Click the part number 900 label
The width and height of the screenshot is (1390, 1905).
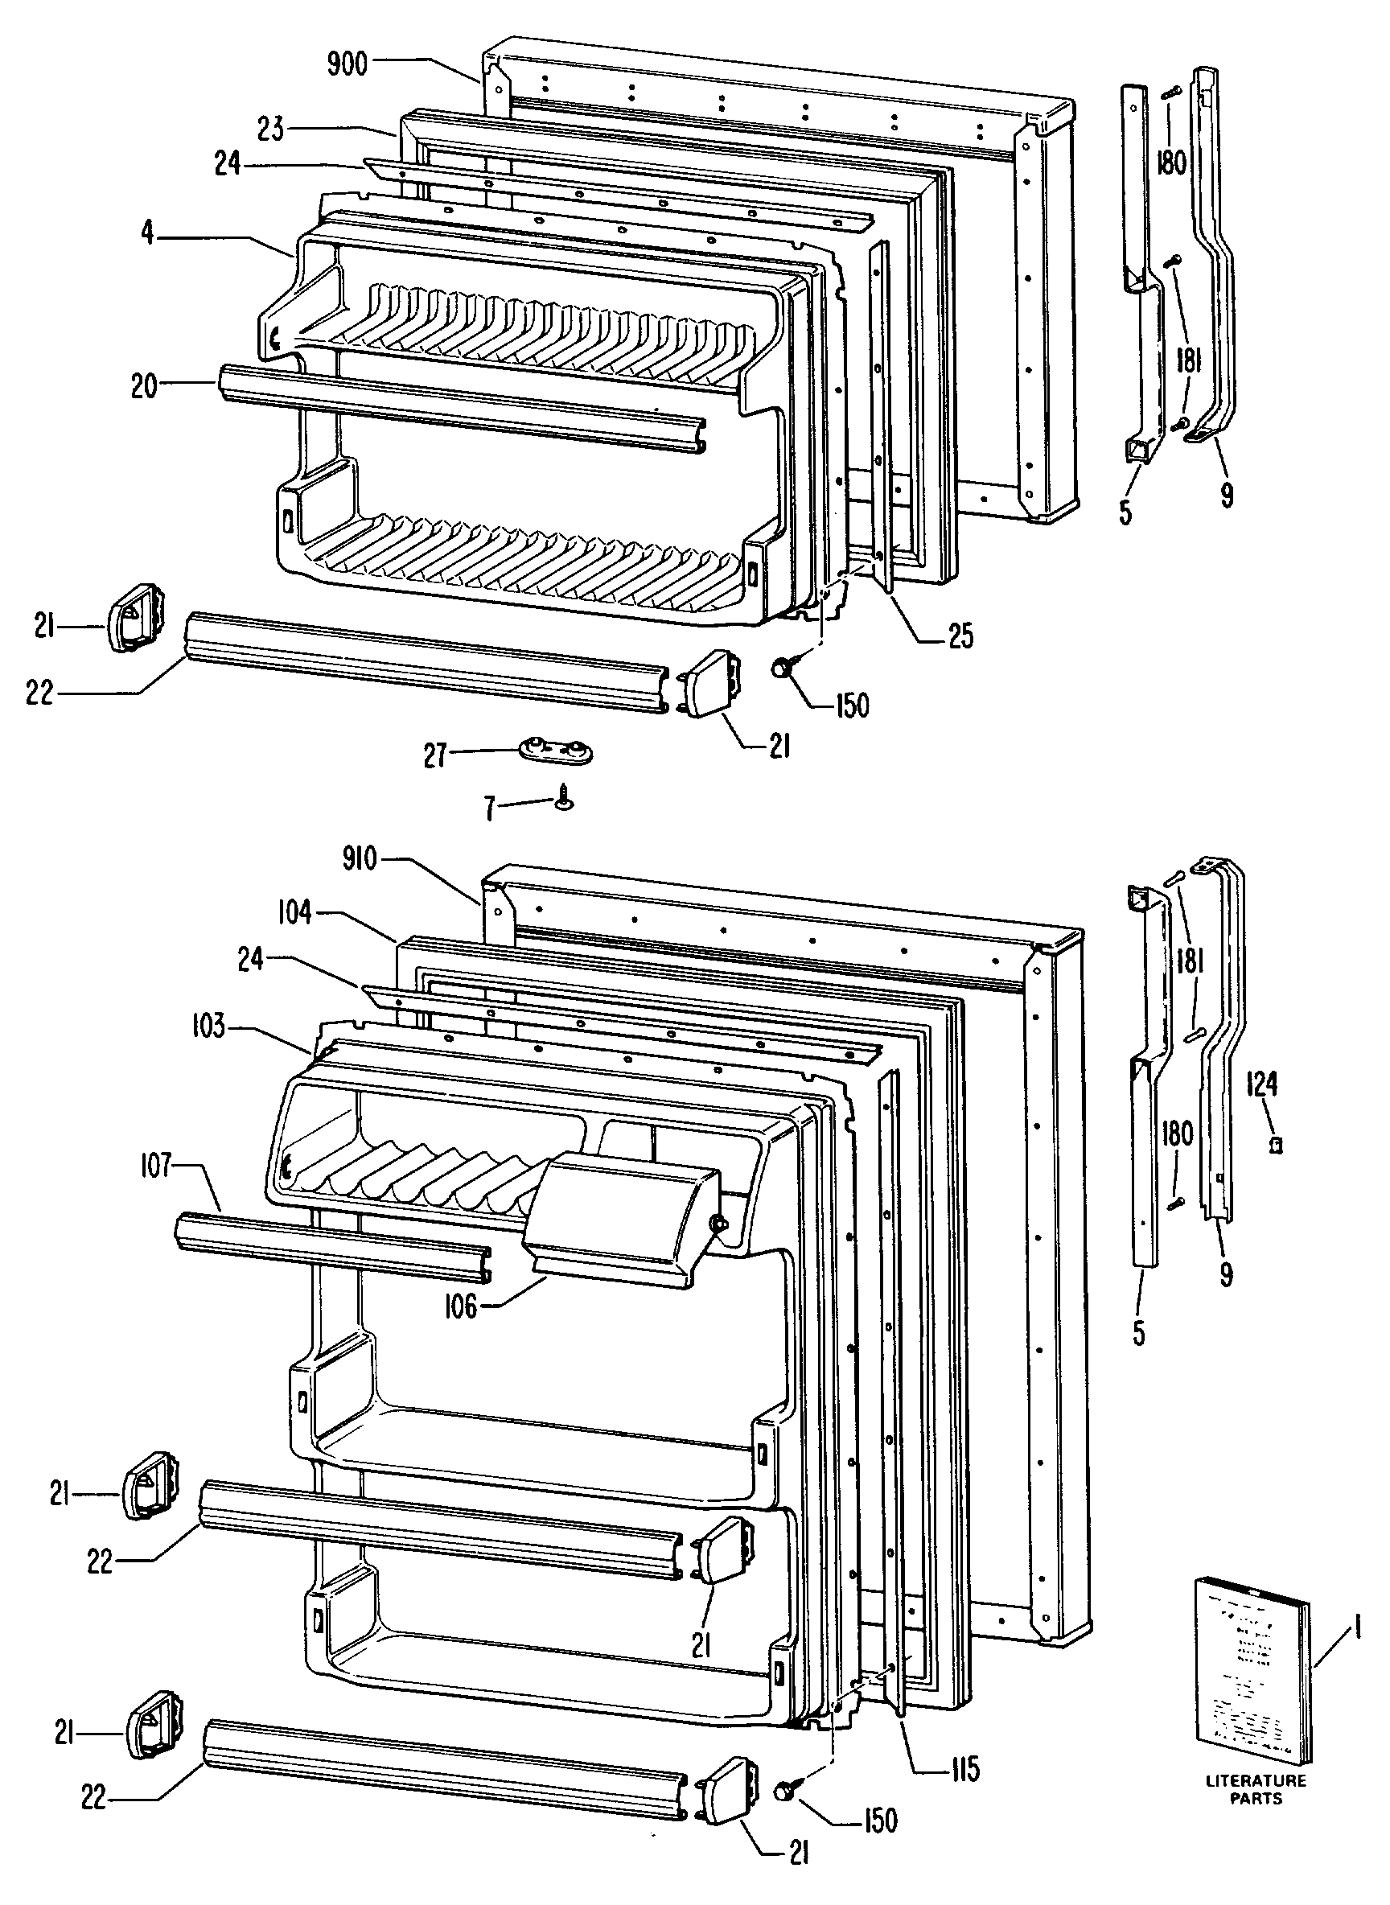click(x=347, y=64)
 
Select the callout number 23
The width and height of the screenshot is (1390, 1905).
click(x=272, y=130)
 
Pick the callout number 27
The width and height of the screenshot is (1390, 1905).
click(x=434, y=755)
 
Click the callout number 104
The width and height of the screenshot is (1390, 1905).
click(x=294, y=913)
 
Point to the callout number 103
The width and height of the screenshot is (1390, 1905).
click(x=208, y=1027)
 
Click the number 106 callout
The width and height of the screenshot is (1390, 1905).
click(x=460, y=1306)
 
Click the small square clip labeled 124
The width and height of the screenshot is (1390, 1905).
click(x=1277, y=1146)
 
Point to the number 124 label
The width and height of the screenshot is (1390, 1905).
click(x=1261, y=1086)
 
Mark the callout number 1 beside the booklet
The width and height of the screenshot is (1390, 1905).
click(x=1354, y=1634)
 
